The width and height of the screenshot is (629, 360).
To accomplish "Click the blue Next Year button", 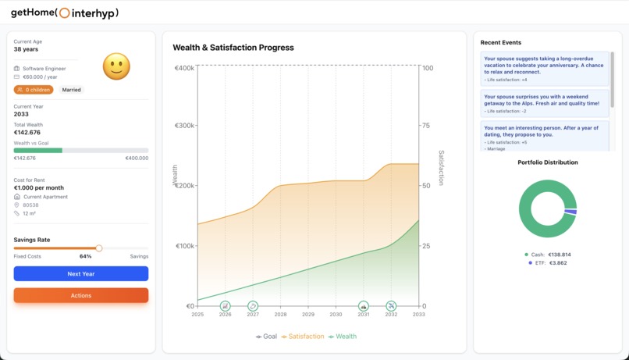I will pos(81,274).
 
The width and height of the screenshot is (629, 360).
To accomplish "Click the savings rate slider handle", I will pos(99,248).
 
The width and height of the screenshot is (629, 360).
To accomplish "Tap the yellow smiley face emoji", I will pos(116,66).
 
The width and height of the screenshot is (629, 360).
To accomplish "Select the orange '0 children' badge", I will pos(34,90).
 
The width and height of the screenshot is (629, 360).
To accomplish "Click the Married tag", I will pos(72,90).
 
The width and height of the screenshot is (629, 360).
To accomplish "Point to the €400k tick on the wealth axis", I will pos(185,68).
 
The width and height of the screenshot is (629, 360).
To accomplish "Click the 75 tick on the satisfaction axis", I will pos(426,126).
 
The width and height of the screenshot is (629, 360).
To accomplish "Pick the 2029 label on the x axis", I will pos(308,315).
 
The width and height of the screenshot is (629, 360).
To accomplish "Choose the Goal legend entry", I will pos(266,337).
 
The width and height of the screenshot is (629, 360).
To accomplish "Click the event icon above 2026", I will pos(226,306).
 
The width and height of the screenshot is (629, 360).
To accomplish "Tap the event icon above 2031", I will pos(364,306).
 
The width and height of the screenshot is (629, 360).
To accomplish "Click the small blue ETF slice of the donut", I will pos(571,212).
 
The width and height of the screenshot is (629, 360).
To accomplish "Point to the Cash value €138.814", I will pos(560,255).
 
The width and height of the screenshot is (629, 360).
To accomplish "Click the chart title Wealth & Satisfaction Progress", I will pos(233,48).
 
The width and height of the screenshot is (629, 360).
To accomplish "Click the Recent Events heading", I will pos(501,42).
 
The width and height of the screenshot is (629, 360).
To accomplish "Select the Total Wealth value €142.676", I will pos(27,133).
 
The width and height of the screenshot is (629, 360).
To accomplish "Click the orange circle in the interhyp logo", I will pos(65,13).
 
